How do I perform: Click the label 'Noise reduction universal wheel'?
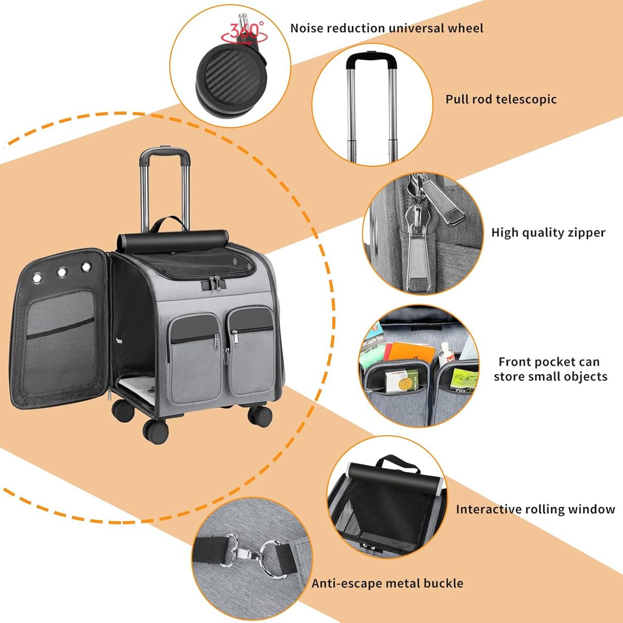pos(387,28)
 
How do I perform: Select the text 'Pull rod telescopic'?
pos(501,99)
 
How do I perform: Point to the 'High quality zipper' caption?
pos(548,233)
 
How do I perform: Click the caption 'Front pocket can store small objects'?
pos(550,369)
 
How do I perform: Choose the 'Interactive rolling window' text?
pos(535,509)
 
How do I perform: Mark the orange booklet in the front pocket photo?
pos(411,354)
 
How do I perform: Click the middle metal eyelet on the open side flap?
pos(62,272)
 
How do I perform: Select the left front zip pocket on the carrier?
pos(194,359)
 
